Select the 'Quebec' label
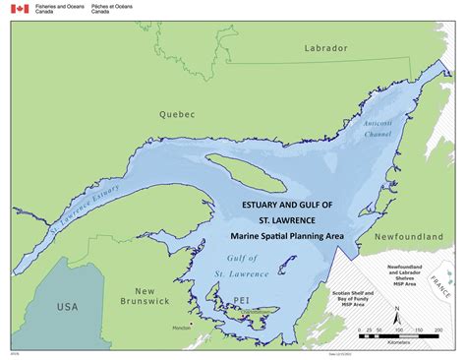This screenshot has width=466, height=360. click(x=178, y=114)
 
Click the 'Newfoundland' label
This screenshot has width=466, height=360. click(x=405, y=236)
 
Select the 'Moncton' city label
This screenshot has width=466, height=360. click(x=209, y=328)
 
